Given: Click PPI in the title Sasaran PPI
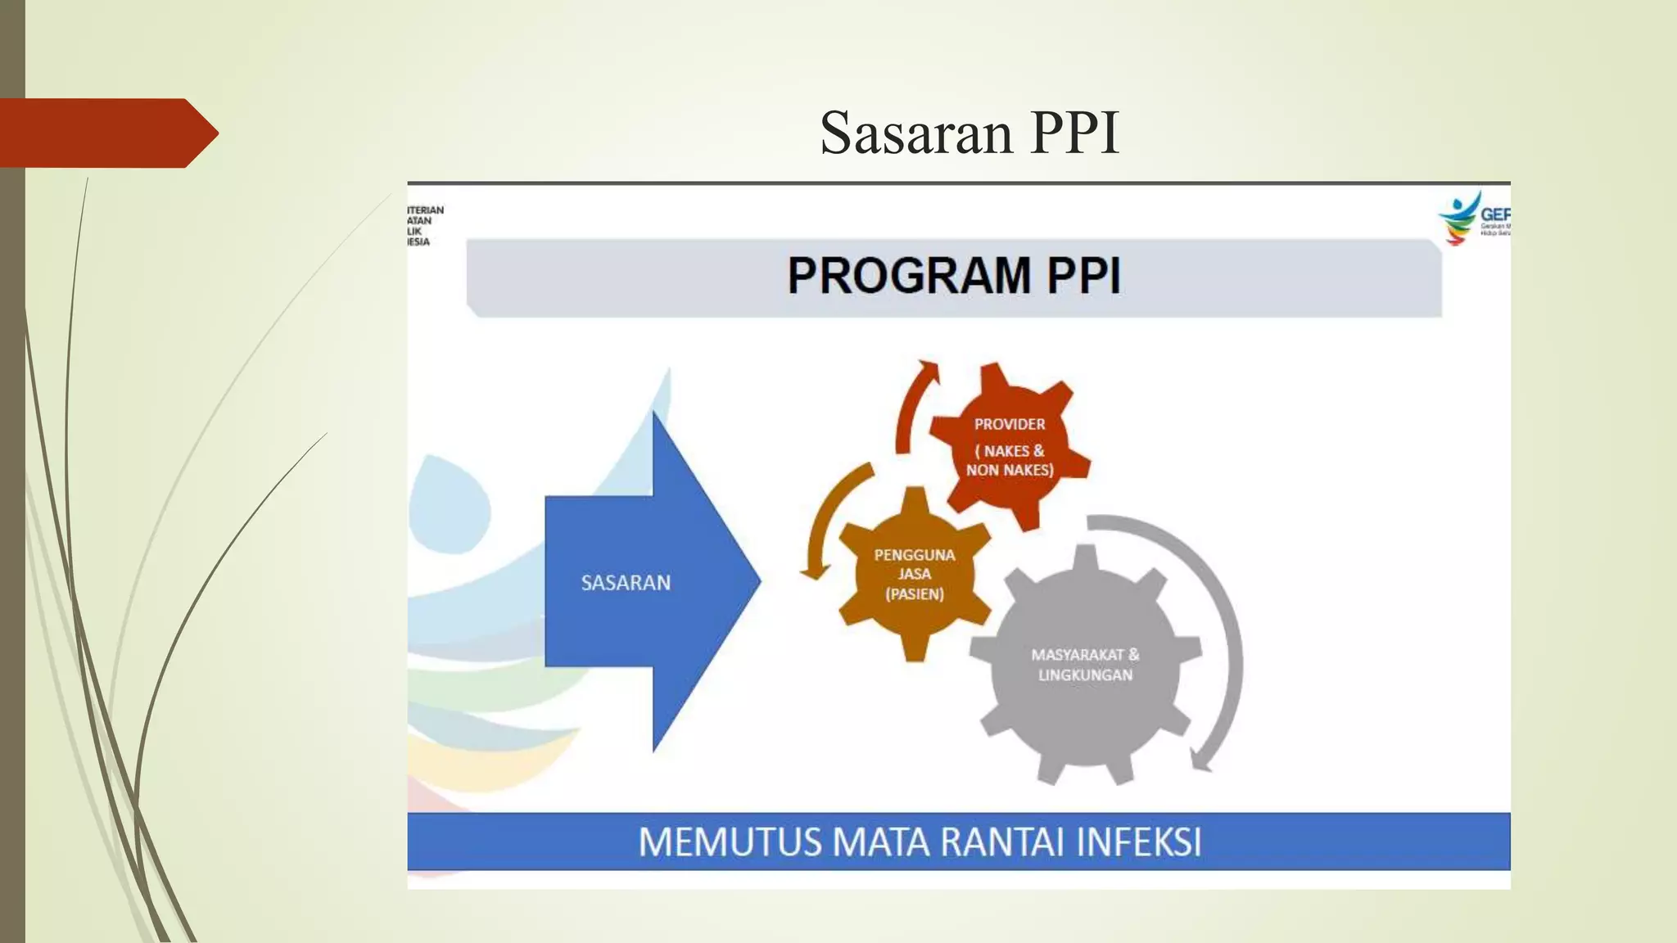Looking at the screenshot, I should [1074, 133].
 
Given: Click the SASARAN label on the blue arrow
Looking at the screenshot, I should [626, 583].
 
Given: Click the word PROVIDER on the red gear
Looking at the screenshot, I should [1009, 424].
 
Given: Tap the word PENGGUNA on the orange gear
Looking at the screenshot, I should [915, 555].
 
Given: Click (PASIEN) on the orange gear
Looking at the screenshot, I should [915, 594].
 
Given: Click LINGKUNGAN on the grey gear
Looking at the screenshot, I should [1085, 675].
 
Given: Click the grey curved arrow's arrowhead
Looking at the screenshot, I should [1200, 760].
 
